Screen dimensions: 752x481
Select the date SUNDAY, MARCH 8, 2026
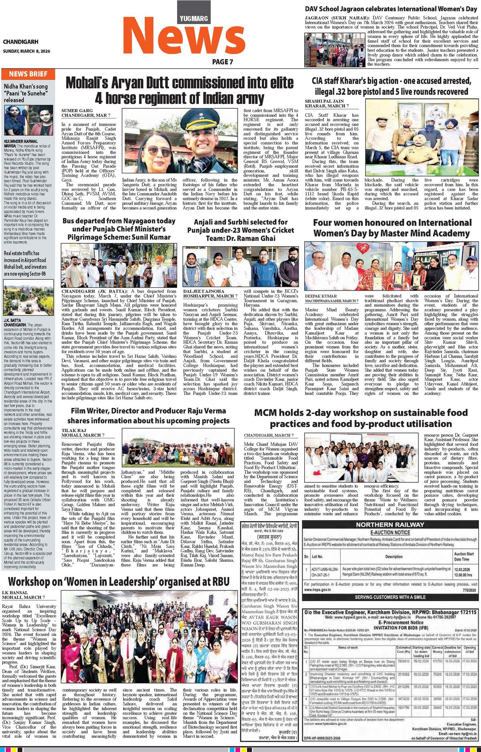tap(26, 51)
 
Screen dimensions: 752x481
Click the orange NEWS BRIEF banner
tap(28, 74)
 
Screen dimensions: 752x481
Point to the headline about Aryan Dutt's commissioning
tap(180, 90)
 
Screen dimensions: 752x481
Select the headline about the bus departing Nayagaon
tap(119, 229)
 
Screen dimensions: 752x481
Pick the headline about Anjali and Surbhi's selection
tap(240, 230)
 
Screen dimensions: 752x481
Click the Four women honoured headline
tap(392, 228)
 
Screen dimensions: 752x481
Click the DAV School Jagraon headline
tap(391, 8)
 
